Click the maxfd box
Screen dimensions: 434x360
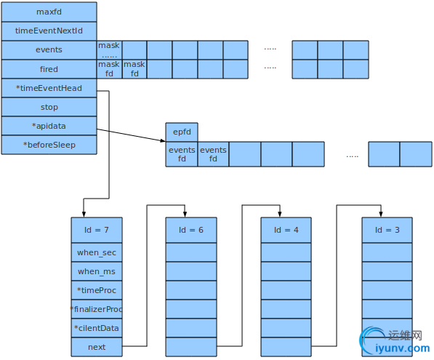point(49,12)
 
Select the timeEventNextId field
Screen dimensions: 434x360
point(49,31)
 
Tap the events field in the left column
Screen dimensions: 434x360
point(49,50)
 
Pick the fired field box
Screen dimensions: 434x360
point(49,69)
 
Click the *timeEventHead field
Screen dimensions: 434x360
point(49,88)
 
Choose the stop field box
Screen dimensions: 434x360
point(49,107)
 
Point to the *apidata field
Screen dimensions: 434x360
point(49,126)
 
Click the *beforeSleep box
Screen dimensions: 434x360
point(49,145)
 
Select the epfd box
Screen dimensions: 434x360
point(182,132)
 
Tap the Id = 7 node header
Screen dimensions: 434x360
point(97,230)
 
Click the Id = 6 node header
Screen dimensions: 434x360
point(191,230)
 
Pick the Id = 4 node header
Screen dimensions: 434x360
point(286,230)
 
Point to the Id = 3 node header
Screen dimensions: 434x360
point(387,230)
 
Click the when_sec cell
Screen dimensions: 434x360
point(97,252)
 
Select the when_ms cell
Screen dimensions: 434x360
point(97,271)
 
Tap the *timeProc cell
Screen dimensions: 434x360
point(97,290)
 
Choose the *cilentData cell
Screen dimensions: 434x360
point(97,328)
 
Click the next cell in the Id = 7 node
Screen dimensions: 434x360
point(97,347)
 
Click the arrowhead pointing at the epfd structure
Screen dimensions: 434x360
point(163,140)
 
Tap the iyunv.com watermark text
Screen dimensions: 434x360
point(403,348)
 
